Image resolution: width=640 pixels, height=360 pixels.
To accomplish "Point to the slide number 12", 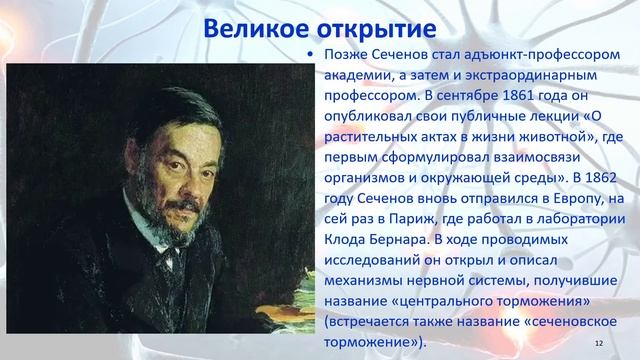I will pos(599,343).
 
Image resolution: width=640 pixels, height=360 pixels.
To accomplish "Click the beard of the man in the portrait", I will pos(171,211).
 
